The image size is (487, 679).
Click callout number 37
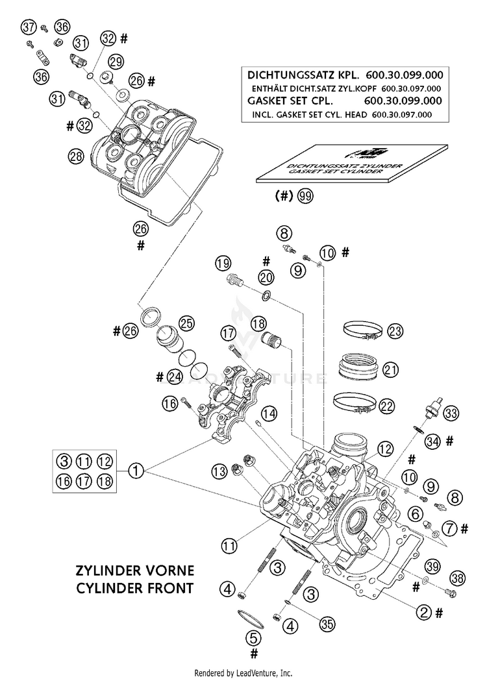27,27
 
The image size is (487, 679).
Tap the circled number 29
116,62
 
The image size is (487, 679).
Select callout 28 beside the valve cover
76,156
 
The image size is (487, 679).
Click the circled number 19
223,264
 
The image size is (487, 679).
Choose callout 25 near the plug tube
187,323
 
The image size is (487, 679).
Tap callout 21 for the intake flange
390,370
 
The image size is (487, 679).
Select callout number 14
269,413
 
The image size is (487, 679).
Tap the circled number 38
458,577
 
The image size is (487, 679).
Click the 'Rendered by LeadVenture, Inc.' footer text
243,673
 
